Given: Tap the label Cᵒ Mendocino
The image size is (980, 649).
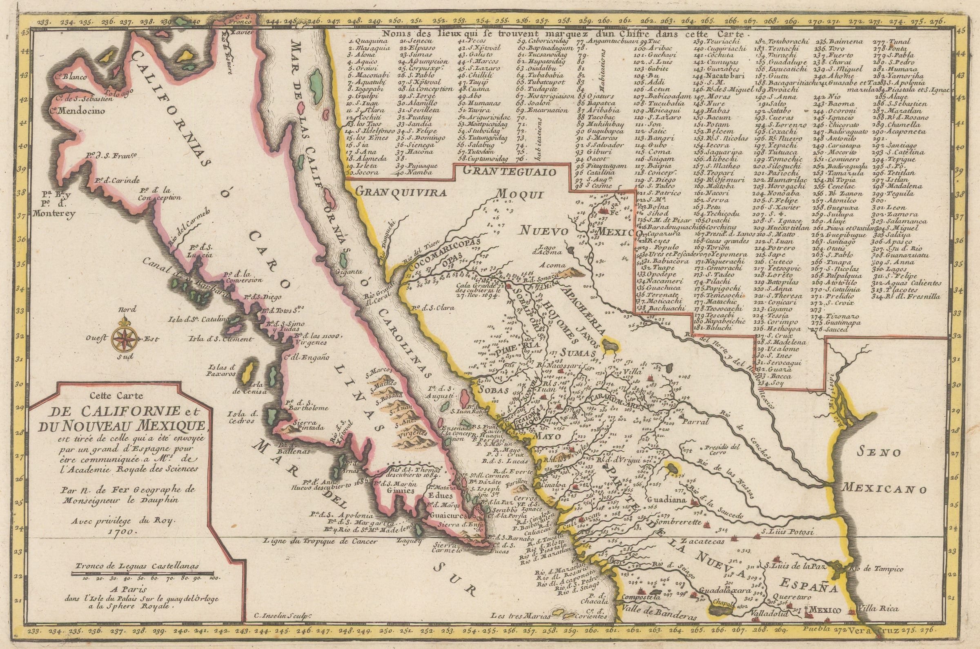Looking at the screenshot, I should [77, 111].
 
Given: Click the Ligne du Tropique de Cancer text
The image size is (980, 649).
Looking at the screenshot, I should [321, 541].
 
